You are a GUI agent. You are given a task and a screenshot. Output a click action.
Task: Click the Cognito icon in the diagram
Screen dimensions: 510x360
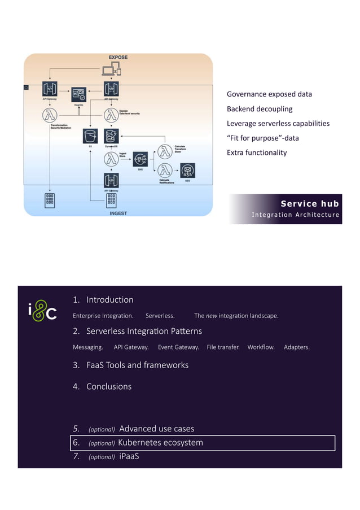pos(78,94)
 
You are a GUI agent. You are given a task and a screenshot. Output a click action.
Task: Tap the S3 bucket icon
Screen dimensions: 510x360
pos(90,136)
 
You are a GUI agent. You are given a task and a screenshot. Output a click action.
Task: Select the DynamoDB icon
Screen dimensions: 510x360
pos(111,136)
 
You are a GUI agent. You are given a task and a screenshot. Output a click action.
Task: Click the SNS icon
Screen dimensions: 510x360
pos(139,159)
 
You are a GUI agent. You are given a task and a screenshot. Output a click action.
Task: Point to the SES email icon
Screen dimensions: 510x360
pos(187,170)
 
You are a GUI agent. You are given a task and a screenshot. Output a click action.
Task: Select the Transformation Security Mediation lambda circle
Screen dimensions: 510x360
pos(50,116)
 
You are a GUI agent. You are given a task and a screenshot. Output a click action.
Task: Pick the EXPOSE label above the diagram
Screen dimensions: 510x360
pos(118,58)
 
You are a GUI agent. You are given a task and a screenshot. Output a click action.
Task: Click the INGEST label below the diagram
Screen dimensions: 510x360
pos(118,213)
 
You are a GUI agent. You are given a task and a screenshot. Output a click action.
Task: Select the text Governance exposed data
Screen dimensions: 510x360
pos(269,94)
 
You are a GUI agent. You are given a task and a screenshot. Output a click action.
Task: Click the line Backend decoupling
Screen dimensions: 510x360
pos(260,109)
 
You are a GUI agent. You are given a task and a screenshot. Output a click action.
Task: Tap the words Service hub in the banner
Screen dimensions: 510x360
pos(310,204)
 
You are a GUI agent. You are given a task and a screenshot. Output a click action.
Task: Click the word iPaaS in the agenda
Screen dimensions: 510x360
pos(129,456)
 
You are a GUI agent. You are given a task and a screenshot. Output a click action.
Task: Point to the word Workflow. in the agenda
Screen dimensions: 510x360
pos(261,347)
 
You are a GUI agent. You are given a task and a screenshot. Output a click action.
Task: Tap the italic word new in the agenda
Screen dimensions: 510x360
pos(211,316)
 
